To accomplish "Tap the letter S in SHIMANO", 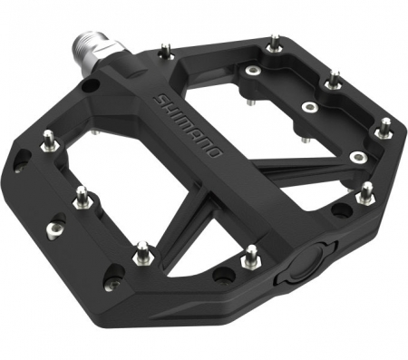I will point(161,97).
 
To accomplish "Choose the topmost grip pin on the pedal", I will point(275,42).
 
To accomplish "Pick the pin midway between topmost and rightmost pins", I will point(335,79).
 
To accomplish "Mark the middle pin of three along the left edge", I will point(82,194).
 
